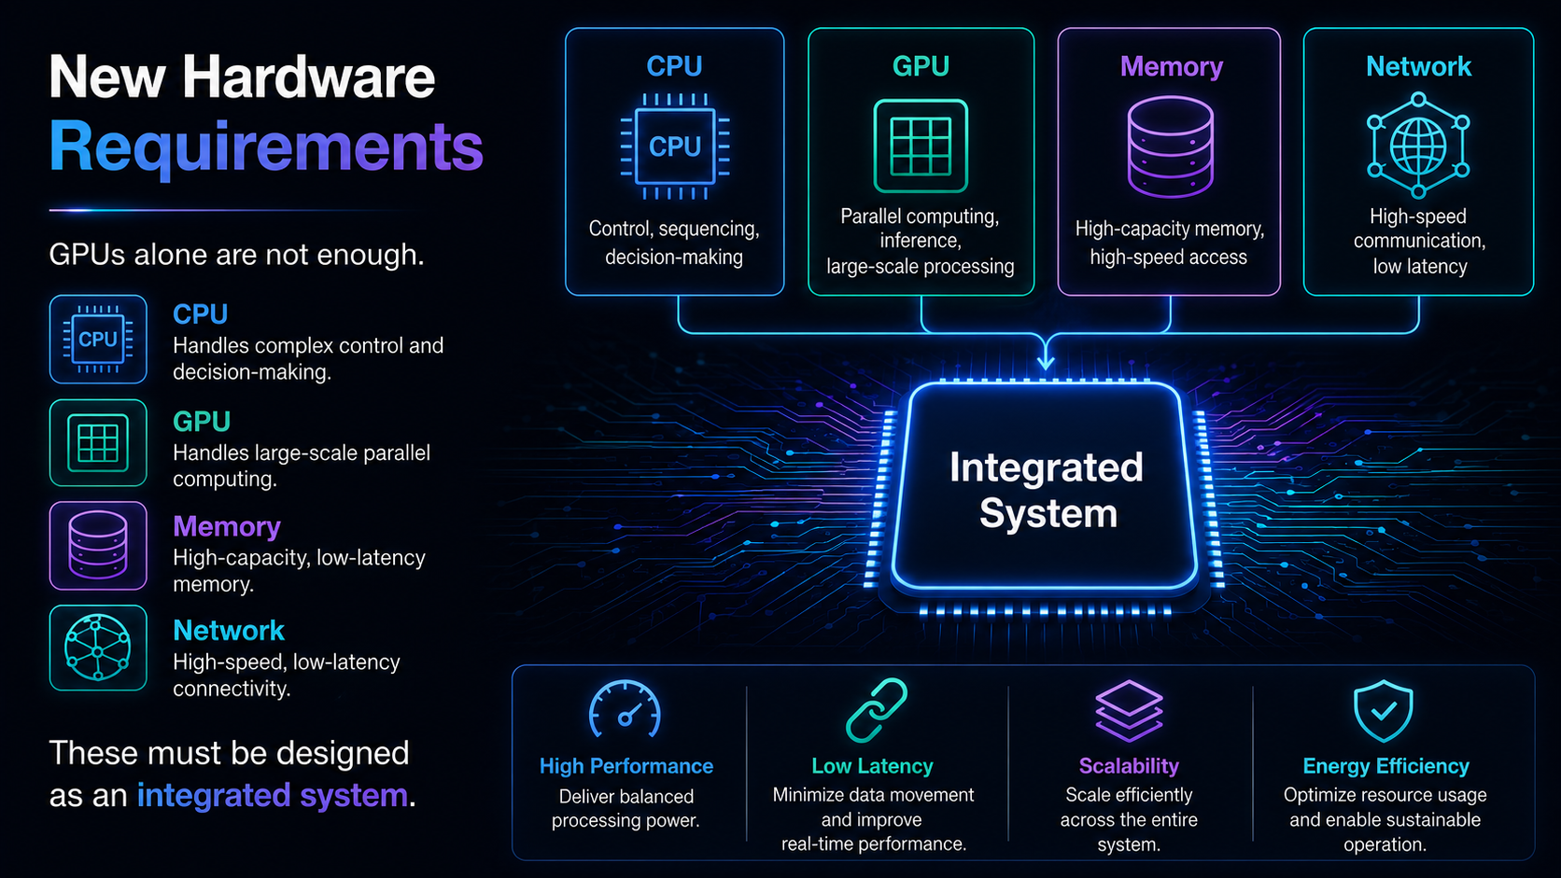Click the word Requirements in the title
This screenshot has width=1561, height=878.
pos(265,147)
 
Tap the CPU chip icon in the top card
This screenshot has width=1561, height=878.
pos(675,146)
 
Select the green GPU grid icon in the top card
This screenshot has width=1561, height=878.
pos(921,146)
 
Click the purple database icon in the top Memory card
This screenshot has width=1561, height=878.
pos(1170,146)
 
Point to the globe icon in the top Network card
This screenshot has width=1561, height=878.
pos(1418,146)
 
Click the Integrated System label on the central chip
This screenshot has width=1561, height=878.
pos(1047,490)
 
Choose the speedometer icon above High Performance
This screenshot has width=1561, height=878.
pos(626,710)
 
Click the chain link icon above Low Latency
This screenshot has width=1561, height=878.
pos(876,709)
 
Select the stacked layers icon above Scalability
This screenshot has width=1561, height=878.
pos(1129,710)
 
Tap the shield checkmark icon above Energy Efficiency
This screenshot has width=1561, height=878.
pos(1384,711)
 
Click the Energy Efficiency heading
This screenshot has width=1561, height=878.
pos(1386,766)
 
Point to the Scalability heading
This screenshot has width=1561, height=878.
pos(1129,766)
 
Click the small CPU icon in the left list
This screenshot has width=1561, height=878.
pos(98,339)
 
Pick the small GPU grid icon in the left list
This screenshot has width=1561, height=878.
pos(98,443)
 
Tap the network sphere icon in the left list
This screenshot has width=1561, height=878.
pos(98,648)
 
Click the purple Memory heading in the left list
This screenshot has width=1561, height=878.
pos(227,526)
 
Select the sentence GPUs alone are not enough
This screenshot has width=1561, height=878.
pos(237,255)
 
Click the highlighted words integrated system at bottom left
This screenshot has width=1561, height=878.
pos(273,795)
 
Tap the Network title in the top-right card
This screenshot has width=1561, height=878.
pos(1419,66)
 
